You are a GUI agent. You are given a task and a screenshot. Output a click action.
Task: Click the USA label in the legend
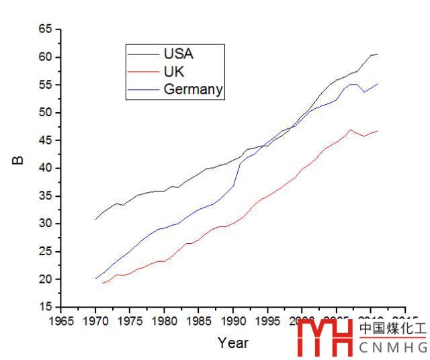(x=179, y=53)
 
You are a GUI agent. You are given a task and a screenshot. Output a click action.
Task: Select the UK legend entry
(x=174, y=71)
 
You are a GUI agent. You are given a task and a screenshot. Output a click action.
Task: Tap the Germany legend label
(x=193, y=89)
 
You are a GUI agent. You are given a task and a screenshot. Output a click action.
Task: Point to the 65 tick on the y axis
(x=45, y=30)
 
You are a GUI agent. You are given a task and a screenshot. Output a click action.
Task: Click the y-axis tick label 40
(x=45, y=168)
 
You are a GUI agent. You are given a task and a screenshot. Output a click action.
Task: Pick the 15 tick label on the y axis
(x=45, y=307)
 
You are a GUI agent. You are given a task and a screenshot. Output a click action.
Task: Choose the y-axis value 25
(x=45, y=251)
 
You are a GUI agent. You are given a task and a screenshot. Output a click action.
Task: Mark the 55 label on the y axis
(x=45, y=85)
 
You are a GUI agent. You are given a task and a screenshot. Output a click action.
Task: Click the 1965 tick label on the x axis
(x=61, y=321)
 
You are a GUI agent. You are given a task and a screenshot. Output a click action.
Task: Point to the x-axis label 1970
(x=95, y=321)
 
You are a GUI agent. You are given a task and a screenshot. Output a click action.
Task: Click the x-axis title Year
(x=233, y=343)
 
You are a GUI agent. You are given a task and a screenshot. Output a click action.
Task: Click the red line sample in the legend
(x=144, y=71)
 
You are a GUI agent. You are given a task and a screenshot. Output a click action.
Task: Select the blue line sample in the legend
(x=144, y=89)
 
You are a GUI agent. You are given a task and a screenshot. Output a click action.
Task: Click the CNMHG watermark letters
(x=393, y=347)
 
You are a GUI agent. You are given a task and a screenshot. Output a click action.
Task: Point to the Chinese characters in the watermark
(x=392, y=329)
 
